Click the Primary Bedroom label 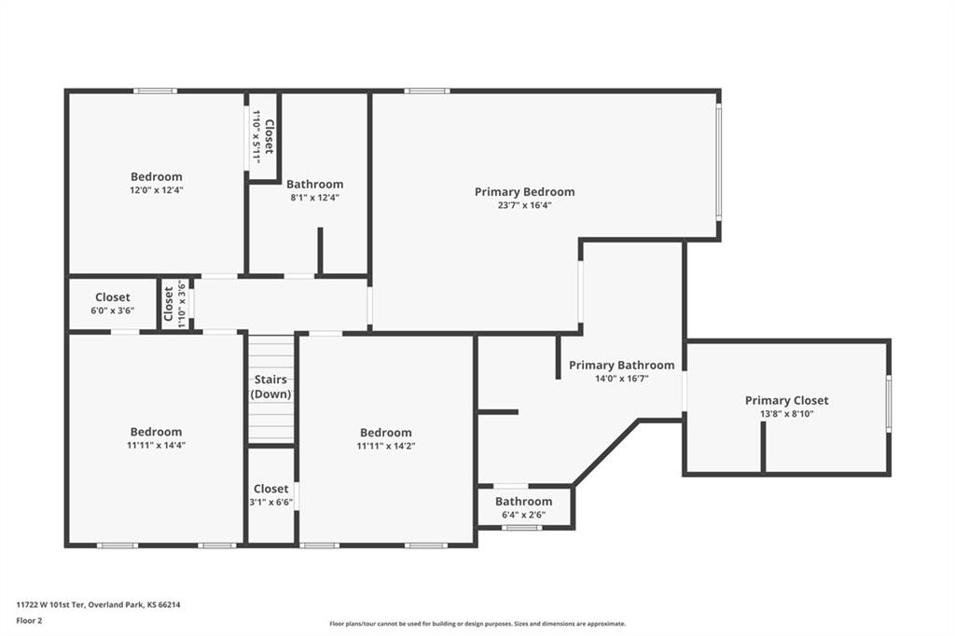[x=524, y=192]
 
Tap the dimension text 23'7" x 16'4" [x=524, y=205]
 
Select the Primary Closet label [x=786, y=400]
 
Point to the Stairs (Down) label [x=271, y=386]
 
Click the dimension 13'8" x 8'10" [x=786, y=414]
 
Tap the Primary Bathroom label [x=621, y=365]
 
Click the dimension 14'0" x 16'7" [x=621, y=379]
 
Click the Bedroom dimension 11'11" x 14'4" [x=157, y=446]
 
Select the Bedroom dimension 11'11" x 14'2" [x=385, y=446]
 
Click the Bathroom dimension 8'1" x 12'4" [x=315, y=198]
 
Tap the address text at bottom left [x=98, y=605]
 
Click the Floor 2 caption [x=29, y=621]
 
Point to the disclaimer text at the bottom [x=477, y=624]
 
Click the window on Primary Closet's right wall [x=889, y=403]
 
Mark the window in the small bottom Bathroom [x=521, y=528]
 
